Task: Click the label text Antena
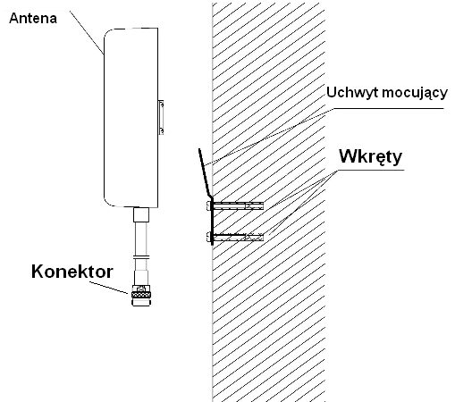33,19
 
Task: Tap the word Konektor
72,272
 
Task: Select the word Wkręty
370,156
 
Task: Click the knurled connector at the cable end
140,295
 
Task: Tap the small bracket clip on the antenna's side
161,117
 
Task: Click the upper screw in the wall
235,205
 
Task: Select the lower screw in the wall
235,237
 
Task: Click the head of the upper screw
208,205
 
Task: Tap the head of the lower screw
208,237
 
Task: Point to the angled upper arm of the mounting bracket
205,172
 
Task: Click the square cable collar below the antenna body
141,214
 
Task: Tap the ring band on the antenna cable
141,257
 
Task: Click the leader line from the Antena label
87,33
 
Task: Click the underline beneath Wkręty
371,170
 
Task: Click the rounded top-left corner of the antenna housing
107,32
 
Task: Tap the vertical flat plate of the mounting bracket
212,222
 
